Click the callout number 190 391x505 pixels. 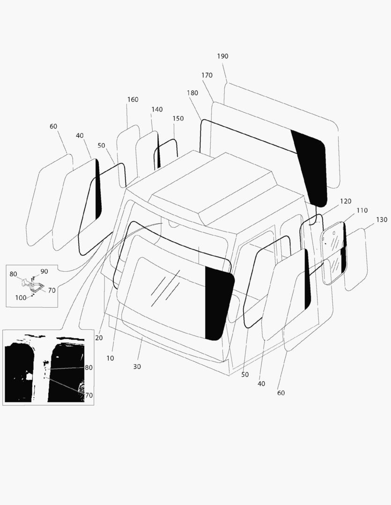222,56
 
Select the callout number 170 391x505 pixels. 207,75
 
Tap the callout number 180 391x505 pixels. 192,93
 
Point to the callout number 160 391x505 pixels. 133,100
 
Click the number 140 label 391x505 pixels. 157,109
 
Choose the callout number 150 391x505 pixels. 178,119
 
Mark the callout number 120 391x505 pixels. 345,201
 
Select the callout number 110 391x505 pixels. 362,210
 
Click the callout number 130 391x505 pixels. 382,220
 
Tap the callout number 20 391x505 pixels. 99,338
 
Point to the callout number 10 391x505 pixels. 110,358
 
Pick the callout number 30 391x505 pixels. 137,367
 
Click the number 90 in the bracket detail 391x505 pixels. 44,271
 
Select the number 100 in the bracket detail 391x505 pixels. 21,298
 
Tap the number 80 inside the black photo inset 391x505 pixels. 89,368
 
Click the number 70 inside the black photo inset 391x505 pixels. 89,395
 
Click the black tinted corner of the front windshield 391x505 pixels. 218,304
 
